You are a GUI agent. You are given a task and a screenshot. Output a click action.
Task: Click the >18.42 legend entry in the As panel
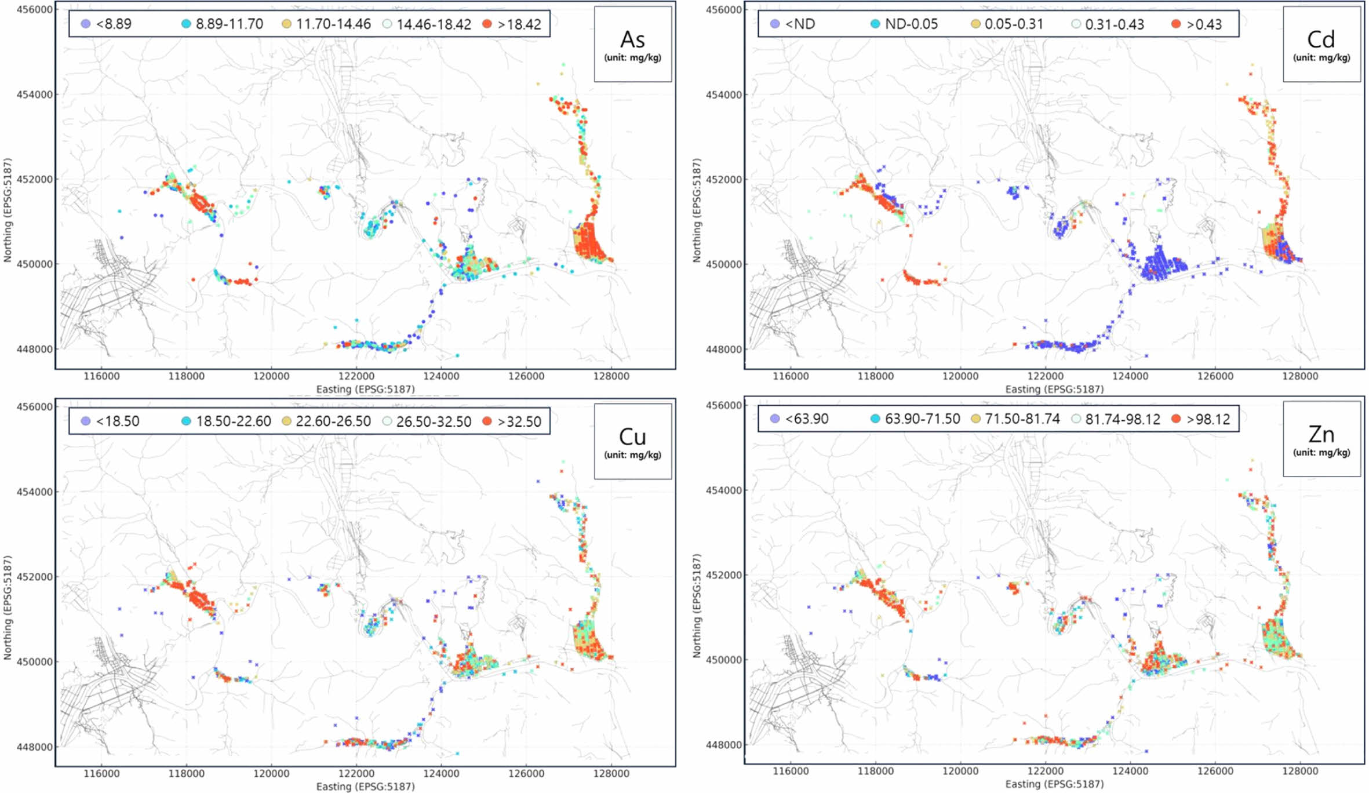519,24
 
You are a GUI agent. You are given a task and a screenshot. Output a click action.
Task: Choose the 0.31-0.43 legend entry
1114,24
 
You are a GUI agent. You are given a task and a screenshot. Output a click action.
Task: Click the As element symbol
632,40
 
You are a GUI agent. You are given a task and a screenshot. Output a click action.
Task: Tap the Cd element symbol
1321,40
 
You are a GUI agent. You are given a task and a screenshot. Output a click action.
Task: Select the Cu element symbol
632,437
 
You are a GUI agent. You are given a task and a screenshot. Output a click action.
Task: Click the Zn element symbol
1321,435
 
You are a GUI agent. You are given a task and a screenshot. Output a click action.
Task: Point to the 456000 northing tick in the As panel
34,10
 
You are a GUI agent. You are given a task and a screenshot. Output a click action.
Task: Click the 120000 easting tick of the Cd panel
960,376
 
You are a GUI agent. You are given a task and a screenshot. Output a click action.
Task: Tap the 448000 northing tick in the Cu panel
34,747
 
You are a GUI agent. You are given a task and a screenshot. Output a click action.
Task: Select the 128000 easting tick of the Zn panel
1300,772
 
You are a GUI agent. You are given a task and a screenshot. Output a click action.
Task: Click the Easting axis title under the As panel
365,389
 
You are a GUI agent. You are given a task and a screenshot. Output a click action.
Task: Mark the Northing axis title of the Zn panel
697,606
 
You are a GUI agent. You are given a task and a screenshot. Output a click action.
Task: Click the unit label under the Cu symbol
632,455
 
